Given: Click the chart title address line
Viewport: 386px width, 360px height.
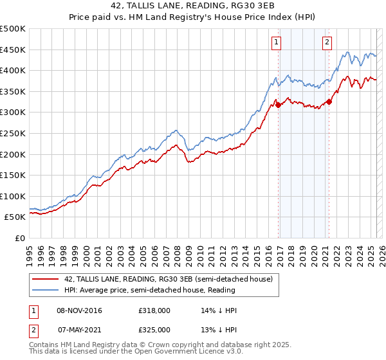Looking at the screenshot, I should click(x=193, y=6).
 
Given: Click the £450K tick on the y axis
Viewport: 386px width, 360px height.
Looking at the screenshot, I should click(x=14, y=50).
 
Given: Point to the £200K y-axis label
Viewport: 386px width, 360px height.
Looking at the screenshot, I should click(x=14, y=154).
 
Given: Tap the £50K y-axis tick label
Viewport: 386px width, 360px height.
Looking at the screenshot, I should click(x=16, y=217).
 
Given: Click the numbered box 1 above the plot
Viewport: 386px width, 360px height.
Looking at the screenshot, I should click(x=276, y=43).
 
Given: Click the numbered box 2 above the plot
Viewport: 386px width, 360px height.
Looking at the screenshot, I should click(x=327, y=43).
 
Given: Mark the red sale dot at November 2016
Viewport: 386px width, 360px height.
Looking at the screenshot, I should click(x=279, y=105).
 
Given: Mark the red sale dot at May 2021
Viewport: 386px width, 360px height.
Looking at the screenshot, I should click(x=329, y=102).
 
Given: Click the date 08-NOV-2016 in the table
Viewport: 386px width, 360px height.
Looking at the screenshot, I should click(x=80, y=310).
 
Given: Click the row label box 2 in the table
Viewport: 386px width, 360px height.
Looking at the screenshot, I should click(x=33, y=329).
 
